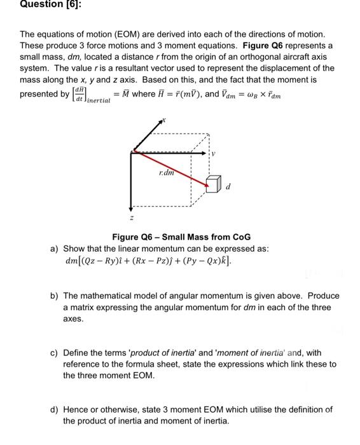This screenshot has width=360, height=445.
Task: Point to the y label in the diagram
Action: (214, 154)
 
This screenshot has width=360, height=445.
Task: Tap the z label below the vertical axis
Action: (130, 217)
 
